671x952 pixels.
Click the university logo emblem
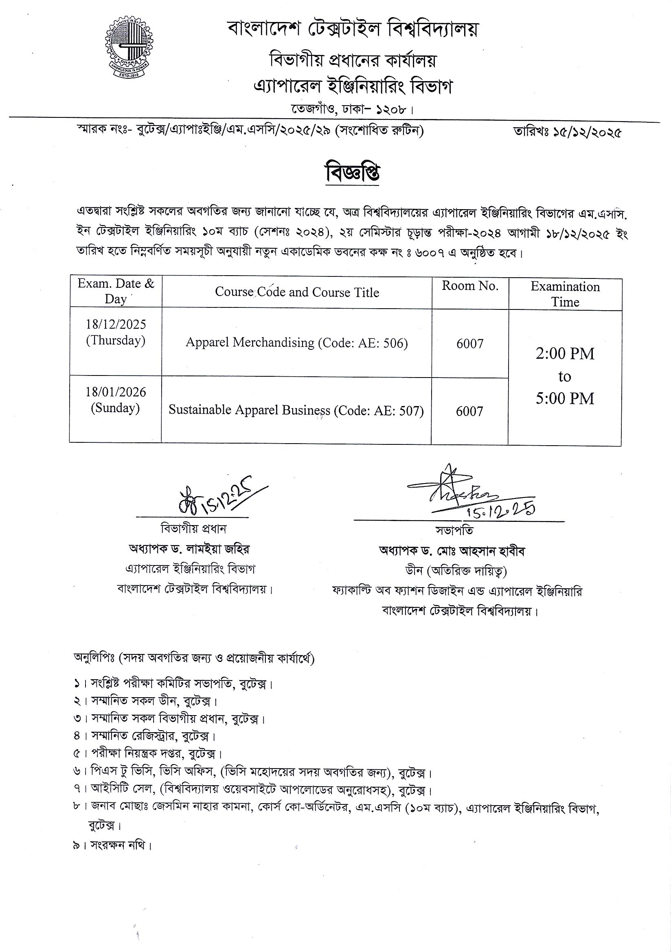pos(128,49)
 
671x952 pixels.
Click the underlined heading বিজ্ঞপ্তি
pos(353,174)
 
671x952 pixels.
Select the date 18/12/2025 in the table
pos(116,324)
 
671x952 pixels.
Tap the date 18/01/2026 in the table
pos(116,392)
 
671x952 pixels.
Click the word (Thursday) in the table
pos(116,340)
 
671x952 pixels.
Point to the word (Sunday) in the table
pos(115,408)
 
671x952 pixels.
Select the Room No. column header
pos(470,286)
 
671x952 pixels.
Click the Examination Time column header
pos(565,294)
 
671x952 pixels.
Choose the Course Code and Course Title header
pos(297,292)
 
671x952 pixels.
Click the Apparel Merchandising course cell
pos(296,342)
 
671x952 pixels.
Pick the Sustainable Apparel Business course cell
pos(296,410)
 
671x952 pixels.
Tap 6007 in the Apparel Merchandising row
pos(470,344)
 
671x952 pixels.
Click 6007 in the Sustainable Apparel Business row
pos(469,411)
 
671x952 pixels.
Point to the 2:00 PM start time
pos(565,353)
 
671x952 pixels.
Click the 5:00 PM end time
pos(565,398)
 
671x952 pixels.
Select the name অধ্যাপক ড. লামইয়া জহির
pos(189,550)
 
